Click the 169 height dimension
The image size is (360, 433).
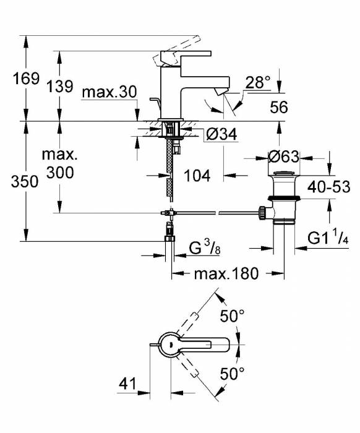pyautogui.click(x=27, y=79)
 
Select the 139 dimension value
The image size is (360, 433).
pyautogui.click(x=59, y=86)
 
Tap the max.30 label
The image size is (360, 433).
pyautogui.click(x=109, y=92)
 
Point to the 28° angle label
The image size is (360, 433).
pyautogui.click(x=258, y=82)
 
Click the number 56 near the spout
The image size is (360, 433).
pyautogui.click(x=279, y=107)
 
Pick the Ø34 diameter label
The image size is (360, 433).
pyautogui.click(x=221, y=134)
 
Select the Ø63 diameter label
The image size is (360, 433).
pyautogui.click(x=284, y=157)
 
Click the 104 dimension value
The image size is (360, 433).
pyautogui.click(x=197, y=175)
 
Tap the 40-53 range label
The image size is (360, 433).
pyautogui.click(x=329, y=187)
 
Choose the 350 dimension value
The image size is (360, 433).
pyautogui.click(x=25, y=182)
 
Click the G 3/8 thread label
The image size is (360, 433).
pyautogui.click(x=205, y=248)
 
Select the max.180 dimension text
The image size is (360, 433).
pyautogui.click(x=226, y=273)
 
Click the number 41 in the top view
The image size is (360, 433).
pyautogui.click(x=127, y=384)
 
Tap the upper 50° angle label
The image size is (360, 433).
pyautogui.click(x=232, y=315)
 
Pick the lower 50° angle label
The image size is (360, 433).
pyautogui.click(x=232, y=374)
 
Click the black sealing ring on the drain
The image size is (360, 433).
pyautogui.click(x=284, y=198)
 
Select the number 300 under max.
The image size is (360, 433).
pyautogui.click(x=60, y=173)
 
